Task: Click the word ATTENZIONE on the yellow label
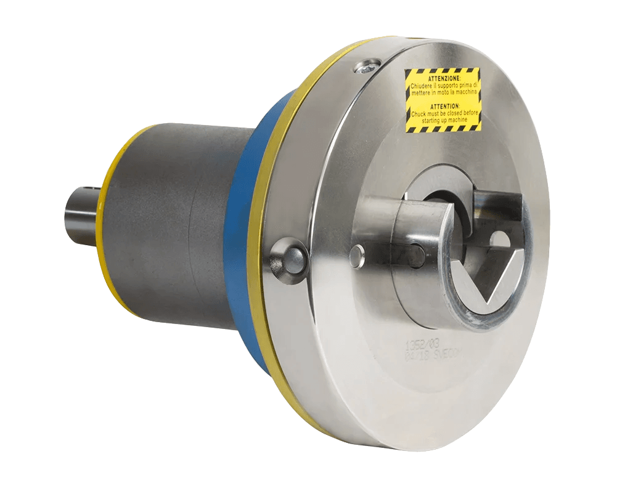(443, 78)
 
